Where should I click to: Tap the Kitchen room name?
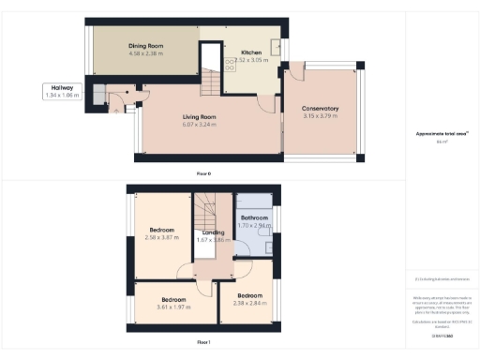(x=250, y=52)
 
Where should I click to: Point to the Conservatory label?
(x=321, y=109)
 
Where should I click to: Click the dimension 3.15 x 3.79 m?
(x=321, y=116)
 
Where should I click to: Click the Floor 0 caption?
(x=203, y=173)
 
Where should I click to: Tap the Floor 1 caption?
(x=203, y=343)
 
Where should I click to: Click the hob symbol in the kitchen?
(x=230, y=63)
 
